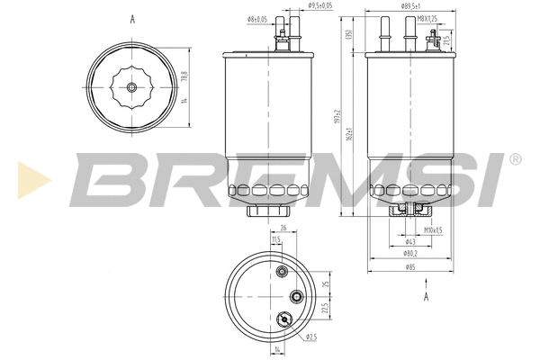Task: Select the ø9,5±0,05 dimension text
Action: coord(321,5)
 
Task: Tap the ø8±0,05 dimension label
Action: coord(256,19)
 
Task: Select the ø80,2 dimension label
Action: coord(409,254)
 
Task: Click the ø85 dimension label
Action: coord(409,267)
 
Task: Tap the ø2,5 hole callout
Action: coord(310,337)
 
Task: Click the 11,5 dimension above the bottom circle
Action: coord(274,238)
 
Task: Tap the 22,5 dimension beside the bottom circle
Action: coord(323,306)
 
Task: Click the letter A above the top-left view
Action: coord(132,18)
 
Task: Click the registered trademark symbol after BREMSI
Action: coord(514,159)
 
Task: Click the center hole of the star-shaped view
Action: coord(132,87)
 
